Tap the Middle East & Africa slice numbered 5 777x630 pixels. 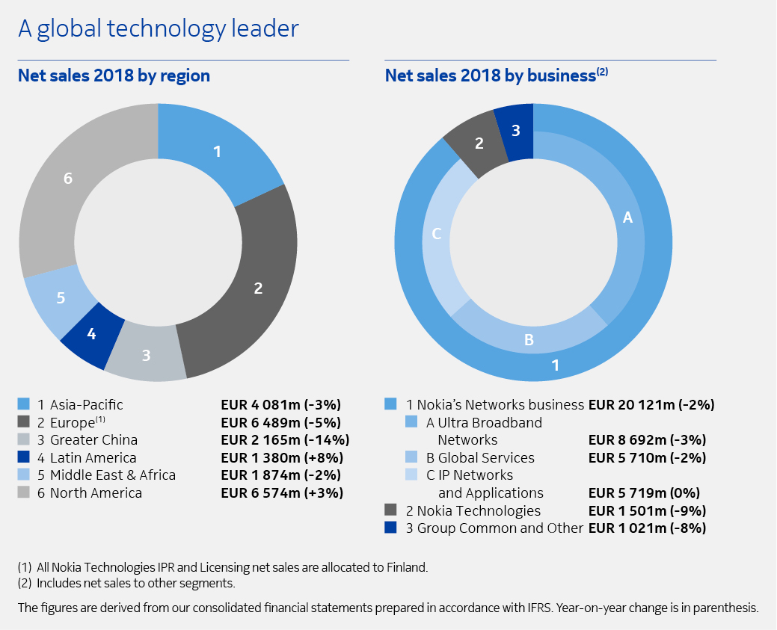point(60,297)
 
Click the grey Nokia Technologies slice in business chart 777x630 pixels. point(479,143)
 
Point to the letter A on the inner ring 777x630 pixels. point(627,217)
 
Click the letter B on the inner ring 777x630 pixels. point(529,340)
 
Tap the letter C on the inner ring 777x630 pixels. point(437,234)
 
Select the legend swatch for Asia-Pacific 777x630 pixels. point(23,405)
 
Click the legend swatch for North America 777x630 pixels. point(23,493)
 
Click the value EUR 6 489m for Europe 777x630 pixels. point(281,422)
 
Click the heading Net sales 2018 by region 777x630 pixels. point(114,75)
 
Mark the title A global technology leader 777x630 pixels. point(158,28)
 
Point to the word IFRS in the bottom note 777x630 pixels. point(545,608)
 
